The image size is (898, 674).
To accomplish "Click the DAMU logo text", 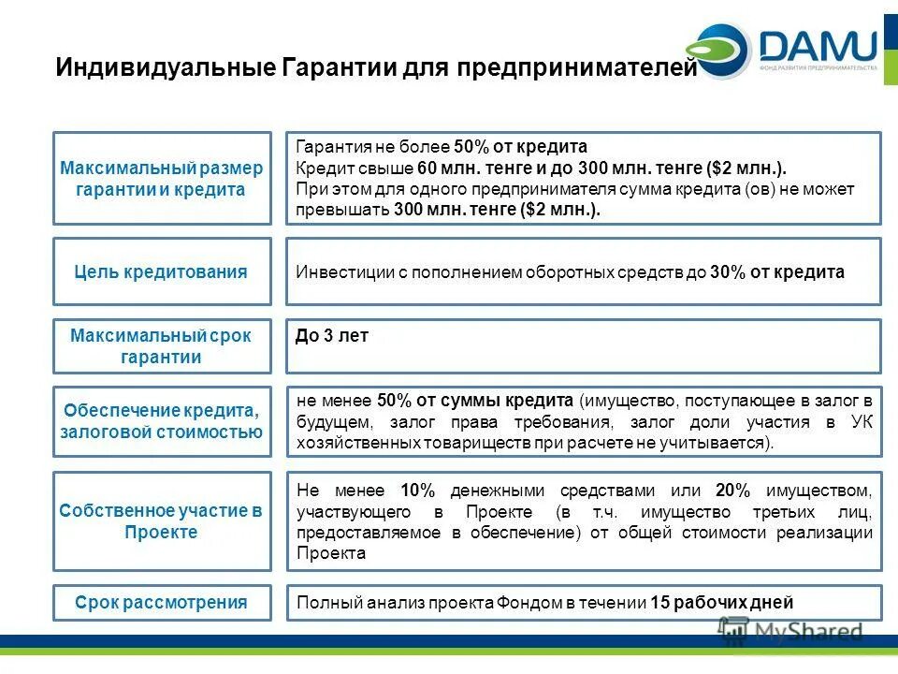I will coord(818,45).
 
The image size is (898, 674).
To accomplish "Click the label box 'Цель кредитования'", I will coord(162,271).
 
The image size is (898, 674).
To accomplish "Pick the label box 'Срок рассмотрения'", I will coord(162,602).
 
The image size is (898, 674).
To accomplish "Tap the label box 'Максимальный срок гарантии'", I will coord(162,346).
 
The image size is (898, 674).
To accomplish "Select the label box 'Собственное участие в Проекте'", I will coord(162,521).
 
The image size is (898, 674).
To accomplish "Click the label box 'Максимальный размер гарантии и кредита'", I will coord(162,178).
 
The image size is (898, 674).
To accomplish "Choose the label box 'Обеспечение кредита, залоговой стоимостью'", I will coord(162,421).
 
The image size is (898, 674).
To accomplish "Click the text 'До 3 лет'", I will coord(332,336).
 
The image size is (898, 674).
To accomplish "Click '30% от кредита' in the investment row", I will coord(777,272).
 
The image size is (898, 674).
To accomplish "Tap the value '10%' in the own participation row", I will coord(418,491).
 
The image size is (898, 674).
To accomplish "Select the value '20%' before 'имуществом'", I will coord(732,491).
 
